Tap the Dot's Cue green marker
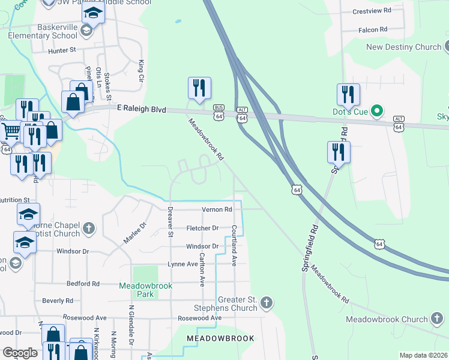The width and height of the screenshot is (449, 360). click(377, 111)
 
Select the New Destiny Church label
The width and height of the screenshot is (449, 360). click(403, 47)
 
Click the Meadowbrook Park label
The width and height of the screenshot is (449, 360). click(145, 290)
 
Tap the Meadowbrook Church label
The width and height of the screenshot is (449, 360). click(387, 320)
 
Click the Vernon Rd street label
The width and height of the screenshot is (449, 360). click(217, 209)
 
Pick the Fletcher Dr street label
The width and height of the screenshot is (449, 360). click(202, 228)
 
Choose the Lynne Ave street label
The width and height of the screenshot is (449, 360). click(183, 264)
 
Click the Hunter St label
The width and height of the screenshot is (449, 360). click(62, 51)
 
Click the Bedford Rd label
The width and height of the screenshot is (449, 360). click(83, 283)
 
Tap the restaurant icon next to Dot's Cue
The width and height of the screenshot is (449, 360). click(348, 94)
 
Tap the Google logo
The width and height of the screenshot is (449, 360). click(20, 353)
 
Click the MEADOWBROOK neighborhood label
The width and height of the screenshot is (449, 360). click(220, 339)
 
